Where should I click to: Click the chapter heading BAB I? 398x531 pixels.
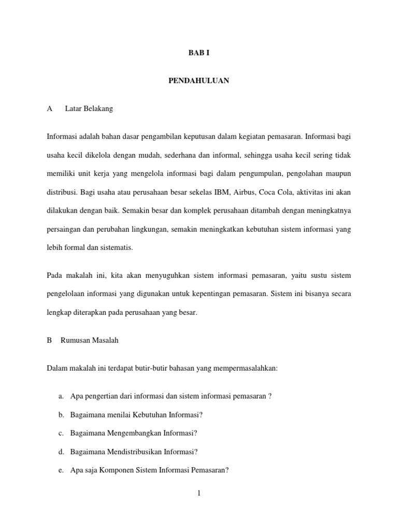(199, 53)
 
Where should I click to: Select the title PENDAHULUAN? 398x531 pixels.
(199, 81)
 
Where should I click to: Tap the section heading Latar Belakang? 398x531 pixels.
(89, 109)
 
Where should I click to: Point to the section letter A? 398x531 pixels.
(50, 109)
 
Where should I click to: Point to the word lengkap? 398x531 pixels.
(58, 313)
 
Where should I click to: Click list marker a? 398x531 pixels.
(61, 397)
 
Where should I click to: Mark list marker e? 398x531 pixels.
(61, 471)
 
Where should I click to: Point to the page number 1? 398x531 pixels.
(198, 494)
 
